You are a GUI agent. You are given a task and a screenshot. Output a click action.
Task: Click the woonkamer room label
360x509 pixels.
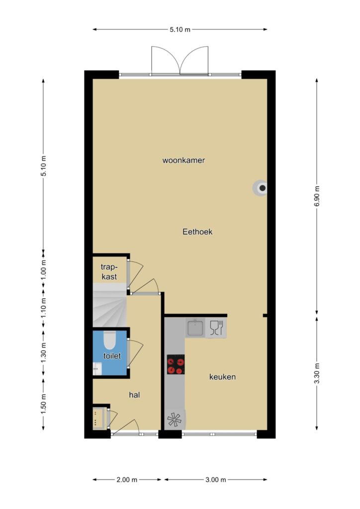183,161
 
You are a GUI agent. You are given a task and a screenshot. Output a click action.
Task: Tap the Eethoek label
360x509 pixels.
197,232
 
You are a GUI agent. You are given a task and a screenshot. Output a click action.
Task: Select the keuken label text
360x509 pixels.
222,377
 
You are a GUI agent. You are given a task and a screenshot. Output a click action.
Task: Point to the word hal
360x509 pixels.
134,395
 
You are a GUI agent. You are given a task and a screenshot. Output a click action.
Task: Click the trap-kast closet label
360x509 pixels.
109,272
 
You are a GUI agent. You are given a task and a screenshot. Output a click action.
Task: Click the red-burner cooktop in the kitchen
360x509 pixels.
176,364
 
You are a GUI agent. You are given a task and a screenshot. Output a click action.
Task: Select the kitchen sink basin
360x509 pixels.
195,328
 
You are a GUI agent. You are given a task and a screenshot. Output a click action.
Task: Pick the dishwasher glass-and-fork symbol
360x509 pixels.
216,328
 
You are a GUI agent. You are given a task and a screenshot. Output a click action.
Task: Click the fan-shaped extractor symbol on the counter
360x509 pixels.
175,420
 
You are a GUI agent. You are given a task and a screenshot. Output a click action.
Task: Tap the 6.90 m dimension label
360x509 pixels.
317,196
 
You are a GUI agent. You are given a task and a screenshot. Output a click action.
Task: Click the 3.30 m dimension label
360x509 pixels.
317,373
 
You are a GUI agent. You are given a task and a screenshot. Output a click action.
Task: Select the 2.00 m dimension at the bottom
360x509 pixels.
127,480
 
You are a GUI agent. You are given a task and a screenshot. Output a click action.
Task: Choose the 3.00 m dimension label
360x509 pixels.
215,480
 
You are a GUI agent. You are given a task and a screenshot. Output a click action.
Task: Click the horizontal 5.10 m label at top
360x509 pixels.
180,29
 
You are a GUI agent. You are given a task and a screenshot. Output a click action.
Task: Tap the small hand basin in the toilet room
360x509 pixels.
97,369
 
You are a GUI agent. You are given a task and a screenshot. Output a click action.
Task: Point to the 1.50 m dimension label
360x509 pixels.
43,404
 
